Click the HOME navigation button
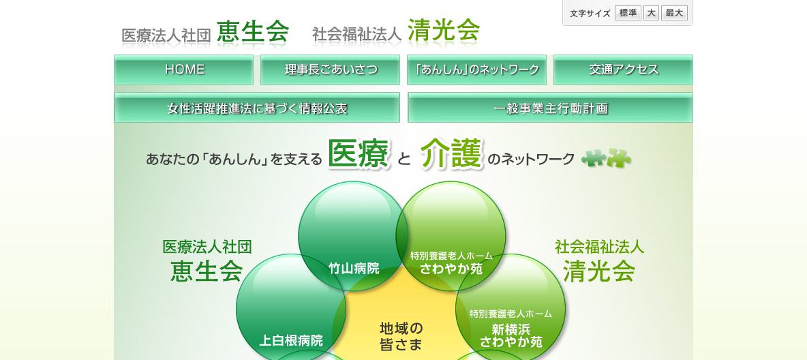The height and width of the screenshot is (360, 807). [x=184, y=70]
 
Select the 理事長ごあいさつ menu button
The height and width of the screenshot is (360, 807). [x=330, y=70]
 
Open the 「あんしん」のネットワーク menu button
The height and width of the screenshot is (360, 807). [x=476, y=70]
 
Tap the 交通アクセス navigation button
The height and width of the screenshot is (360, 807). [x=623, y=70]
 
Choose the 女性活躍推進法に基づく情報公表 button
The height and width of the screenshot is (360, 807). [x=257, y=108]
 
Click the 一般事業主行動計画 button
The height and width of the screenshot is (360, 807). [x=550, y=108]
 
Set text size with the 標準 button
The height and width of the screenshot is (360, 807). [x=628, y=14]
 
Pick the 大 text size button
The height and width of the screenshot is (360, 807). [x=651, y=14]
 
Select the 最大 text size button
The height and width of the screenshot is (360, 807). [x=674, y=14]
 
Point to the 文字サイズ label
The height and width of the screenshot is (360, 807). [x=590, y=14]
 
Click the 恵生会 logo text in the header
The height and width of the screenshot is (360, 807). [x=253, y=32]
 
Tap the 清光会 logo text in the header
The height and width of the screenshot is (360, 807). [x=444, y=31]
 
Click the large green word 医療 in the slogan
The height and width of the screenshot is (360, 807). [x=359, y=153]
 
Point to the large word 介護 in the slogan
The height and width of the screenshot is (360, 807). [x=452, y=153]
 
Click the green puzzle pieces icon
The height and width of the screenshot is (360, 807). [x=607, y=158]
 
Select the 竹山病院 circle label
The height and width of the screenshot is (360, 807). [x=354, y=269]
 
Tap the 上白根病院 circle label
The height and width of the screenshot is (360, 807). [x=291, y=340]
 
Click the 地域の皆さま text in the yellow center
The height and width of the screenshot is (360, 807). [x=401, y=336]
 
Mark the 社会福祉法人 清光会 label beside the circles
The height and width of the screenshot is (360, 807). [x=599, y=260]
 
